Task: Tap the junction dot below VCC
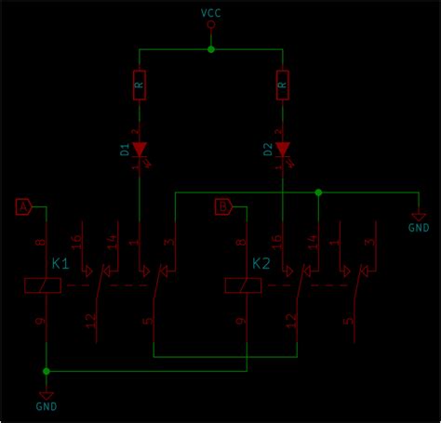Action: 211,49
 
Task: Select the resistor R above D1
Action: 140,89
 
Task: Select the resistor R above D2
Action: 282,89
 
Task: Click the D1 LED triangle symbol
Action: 140,149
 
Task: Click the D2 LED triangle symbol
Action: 282,149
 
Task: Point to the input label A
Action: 24,206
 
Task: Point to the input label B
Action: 223,206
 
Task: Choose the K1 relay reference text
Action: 60,264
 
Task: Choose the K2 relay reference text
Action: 261,264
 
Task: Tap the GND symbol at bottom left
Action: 46,398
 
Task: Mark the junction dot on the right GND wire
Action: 318,192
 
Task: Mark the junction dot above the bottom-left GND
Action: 46,371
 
